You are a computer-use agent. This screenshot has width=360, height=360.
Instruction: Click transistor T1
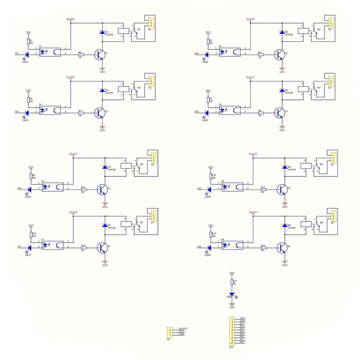click(x=100, y=54)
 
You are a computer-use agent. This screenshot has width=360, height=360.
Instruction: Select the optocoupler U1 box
click(x=51, y=51)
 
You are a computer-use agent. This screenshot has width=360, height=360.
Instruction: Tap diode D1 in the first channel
click(x=101, y=33)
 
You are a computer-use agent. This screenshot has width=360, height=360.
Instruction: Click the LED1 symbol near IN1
click(x=27, y=54)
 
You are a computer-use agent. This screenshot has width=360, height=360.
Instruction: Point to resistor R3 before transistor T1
click(x=81, y=54)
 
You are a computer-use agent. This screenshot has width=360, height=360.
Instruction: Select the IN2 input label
click(x=197, y=54)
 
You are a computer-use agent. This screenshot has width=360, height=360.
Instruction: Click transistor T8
click(x=283, y=247)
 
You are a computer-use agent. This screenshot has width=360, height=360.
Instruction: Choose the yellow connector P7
click(x=154, y=216)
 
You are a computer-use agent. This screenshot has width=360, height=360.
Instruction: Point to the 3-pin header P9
click(x=170, y=332)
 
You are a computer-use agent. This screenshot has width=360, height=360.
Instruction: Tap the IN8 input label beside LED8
click(x=199, y=247)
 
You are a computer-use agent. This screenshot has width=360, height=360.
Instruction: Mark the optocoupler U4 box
click(x=230, y=110)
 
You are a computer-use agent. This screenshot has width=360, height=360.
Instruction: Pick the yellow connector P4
click(x=331, y=81)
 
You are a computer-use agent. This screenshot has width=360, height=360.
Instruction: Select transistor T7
click(x=103, y=247)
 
